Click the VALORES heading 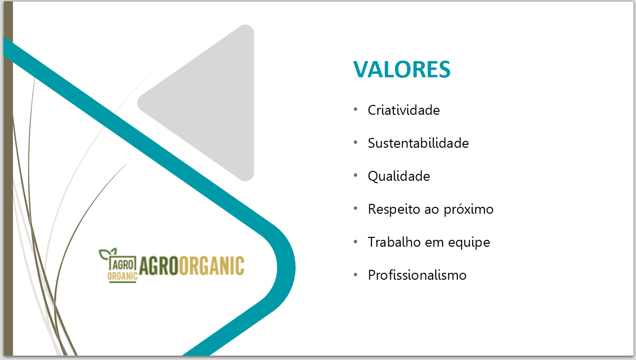coord(402,69)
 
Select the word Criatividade coord(404,110)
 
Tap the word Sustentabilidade coord(418,143)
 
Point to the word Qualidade coord(399,177)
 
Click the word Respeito coord(394,210)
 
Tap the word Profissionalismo coord(417,275)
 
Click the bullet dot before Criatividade coord(355,110)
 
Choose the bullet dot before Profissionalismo coord(355,274)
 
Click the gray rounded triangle coord(210,103)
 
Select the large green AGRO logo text coord(159,266)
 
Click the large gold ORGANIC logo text coord(212,266)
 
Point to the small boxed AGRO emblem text coord(123,265)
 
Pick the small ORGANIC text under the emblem coord(123,276)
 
